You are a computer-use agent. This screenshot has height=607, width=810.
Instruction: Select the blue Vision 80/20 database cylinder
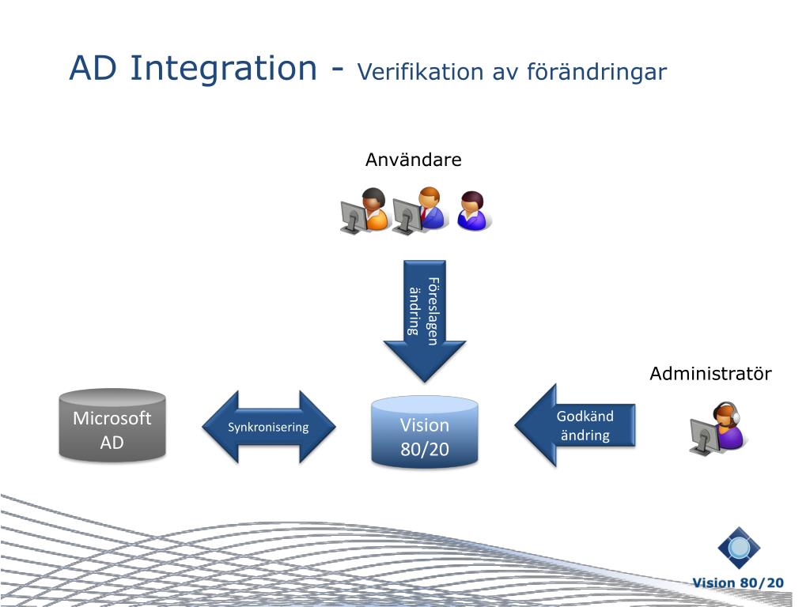click(x=424, y=432)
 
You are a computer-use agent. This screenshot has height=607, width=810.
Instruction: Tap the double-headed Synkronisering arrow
click(x=268, y=428)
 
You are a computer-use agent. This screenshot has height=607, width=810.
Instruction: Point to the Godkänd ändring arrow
click(x=575, y=425)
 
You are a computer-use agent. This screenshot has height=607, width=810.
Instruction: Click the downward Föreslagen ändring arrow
click(x=424, y=320)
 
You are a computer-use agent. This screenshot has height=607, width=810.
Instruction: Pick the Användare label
click(x=413, y=160)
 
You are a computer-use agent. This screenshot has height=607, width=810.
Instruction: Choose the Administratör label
click(x=710, y=374)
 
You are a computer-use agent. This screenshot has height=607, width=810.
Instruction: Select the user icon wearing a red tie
click(x=430, y=208)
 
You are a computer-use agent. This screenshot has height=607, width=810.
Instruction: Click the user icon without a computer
click(x=473, y=211)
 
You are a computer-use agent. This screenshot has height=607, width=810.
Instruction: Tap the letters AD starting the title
click(x=93, y=69)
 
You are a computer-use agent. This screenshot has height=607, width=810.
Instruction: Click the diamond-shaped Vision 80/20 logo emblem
click(x=739, y=548)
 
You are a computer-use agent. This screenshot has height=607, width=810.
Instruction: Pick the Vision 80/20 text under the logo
click(x=738, y=583)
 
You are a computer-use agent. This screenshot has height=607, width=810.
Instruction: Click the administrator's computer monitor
click(x=702, y=435)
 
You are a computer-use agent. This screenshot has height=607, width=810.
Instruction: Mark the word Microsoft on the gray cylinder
click(x=112, y=418)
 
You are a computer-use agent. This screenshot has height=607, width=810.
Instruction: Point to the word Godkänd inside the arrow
click(x=585, y=417)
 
